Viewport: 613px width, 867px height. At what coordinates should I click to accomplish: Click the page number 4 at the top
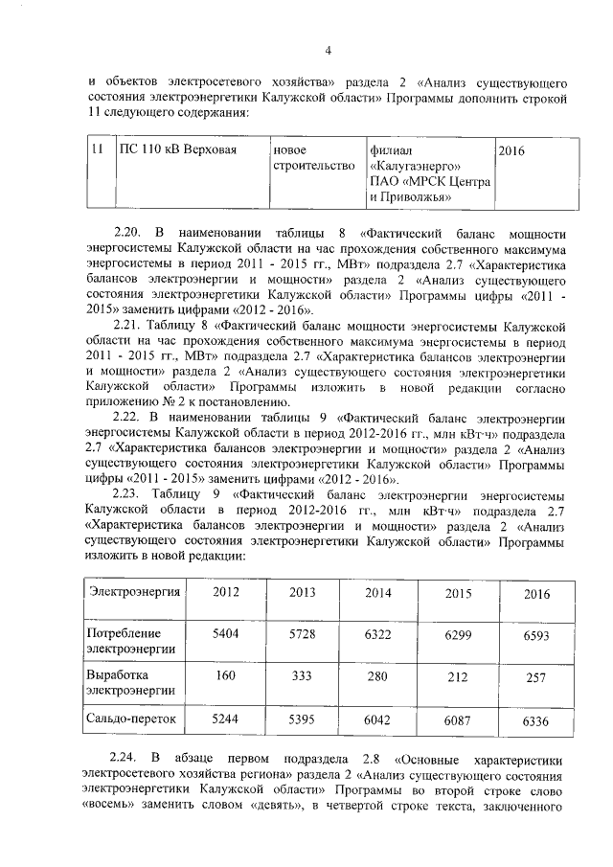pyautogui.click(x=328, y=51)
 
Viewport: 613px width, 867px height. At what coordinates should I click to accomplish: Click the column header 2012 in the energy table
pyautogui.click(x=226, y=592)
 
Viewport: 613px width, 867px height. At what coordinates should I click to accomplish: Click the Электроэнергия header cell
pyautogui.click(x=135, y=591)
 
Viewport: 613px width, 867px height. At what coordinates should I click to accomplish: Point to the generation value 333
pyautogui.click(x=303, y=676)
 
